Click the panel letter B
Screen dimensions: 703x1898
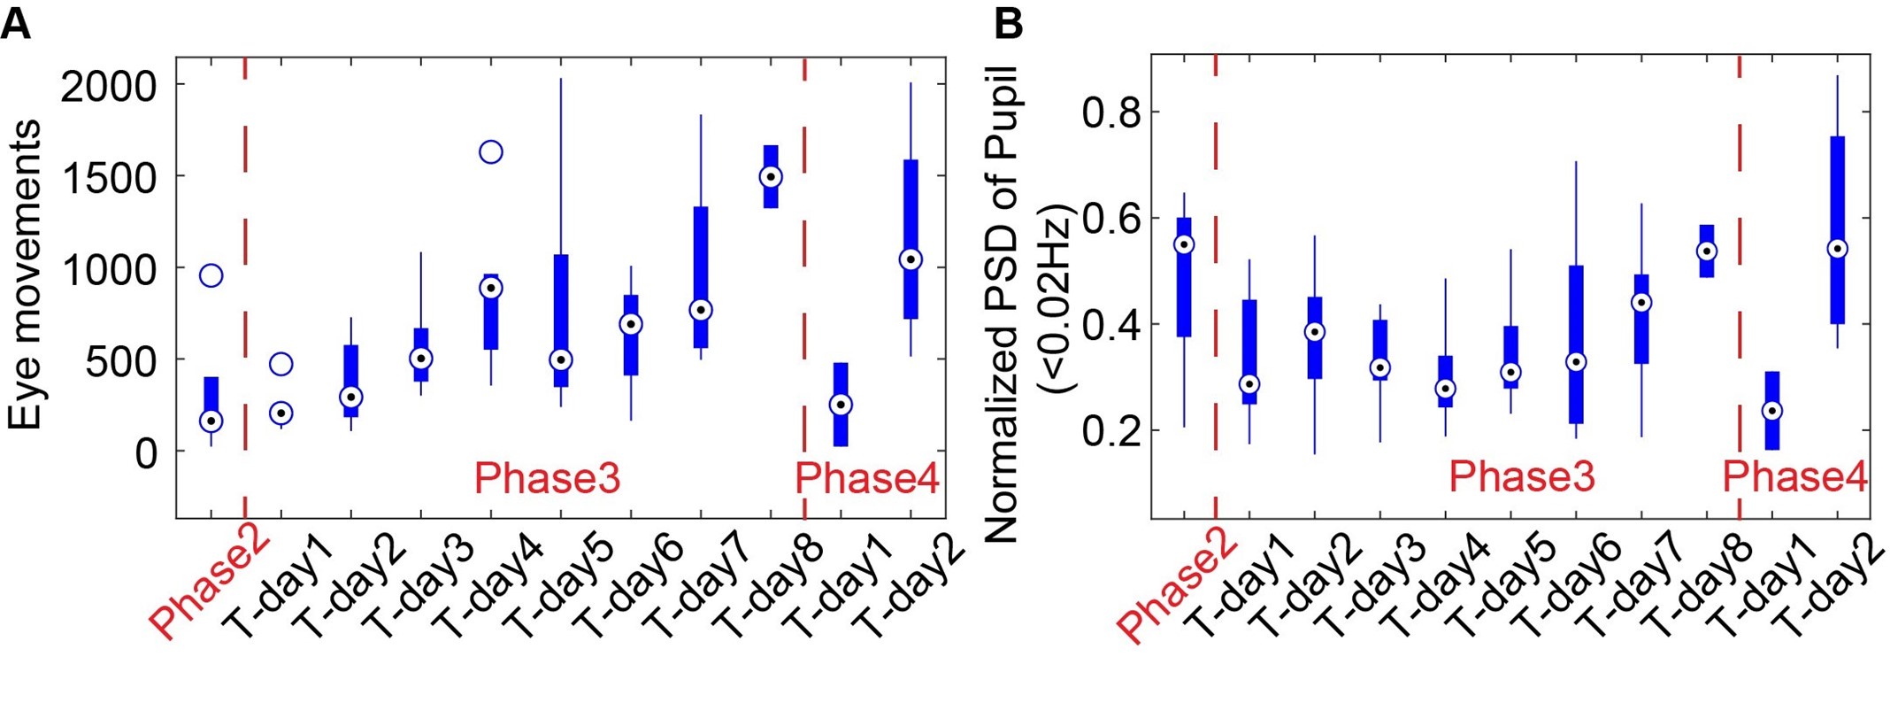coord(1008,24)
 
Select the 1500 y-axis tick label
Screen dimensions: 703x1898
coord(108,177)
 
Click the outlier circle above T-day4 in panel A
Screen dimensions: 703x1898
coord(491,152)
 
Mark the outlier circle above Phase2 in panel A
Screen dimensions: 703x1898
coord(211,275)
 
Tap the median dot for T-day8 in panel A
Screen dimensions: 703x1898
coord(771,177)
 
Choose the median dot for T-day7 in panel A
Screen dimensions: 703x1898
coord(701,310)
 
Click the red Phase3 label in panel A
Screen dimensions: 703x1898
coord(547,478)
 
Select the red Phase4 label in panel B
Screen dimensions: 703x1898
coord(1794,477)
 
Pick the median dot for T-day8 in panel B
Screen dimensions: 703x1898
coord(1707,251)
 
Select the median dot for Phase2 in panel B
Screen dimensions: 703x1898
coord(1184,244)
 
